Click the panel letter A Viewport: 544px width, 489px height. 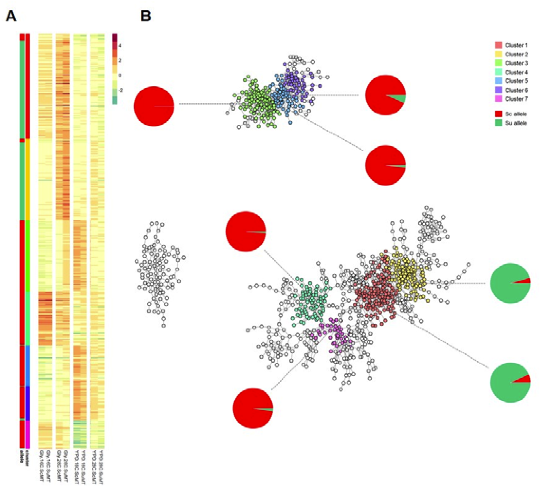pyautogui.click(x=11, y=16)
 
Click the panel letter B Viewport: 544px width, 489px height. pyautogui.click(x=146, y=16)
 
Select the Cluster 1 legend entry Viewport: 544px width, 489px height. pyautogui.click(x=516, y=45)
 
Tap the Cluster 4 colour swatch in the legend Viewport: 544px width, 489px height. pyautogui.click(x=498, y=72)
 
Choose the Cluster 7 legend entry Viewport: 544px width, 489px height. pyautogui.click(x=516, y=99)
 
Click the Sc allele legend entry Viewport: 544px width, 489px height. pyautogui.click(x=516, y=114)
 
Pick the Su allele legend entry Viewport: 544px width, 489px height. pyautogui.click(x=516, y=123)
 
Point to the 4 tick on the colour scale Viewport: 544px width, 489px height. pyautogui.click(x=120, y=46)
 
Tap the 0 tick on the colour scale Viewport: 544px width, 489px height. pyautogui.click(x=120, y=76)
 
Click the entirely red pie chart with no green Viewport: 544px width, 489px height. pyautogui.click(x=154, y=106)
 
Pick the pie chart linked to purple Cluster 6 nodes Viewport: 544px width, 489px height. pyautogui.click(x=385, y=95)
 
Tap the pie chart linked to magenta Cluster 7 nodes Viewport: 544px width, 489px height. pyautogui.click(x=253, y=408)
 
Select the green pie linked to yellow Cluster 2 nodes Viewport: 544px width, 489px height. pyautogui.click(x=511, y=283)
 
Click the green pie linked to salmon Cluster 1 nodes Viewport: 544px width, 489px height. pyautogui.click(x=511, y=382)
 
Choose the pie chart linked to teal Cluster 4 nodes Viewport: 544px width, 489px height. pyautogui.click(x=246, y=232)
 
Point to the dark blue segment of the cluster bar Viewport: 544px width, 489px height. pyautogui.click(x=28, y=403)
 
